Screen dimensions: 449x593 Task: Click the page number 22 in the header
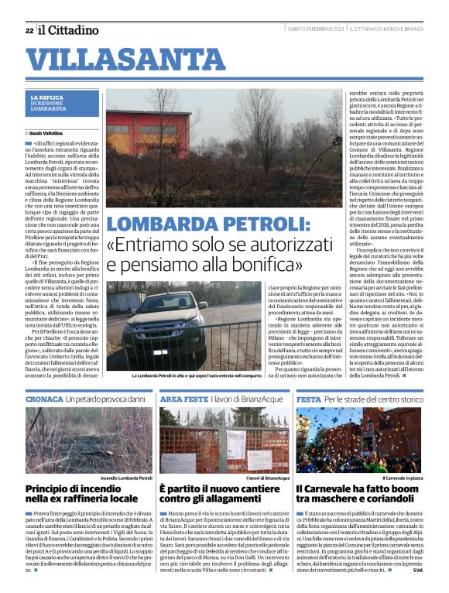click(29, 30)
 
